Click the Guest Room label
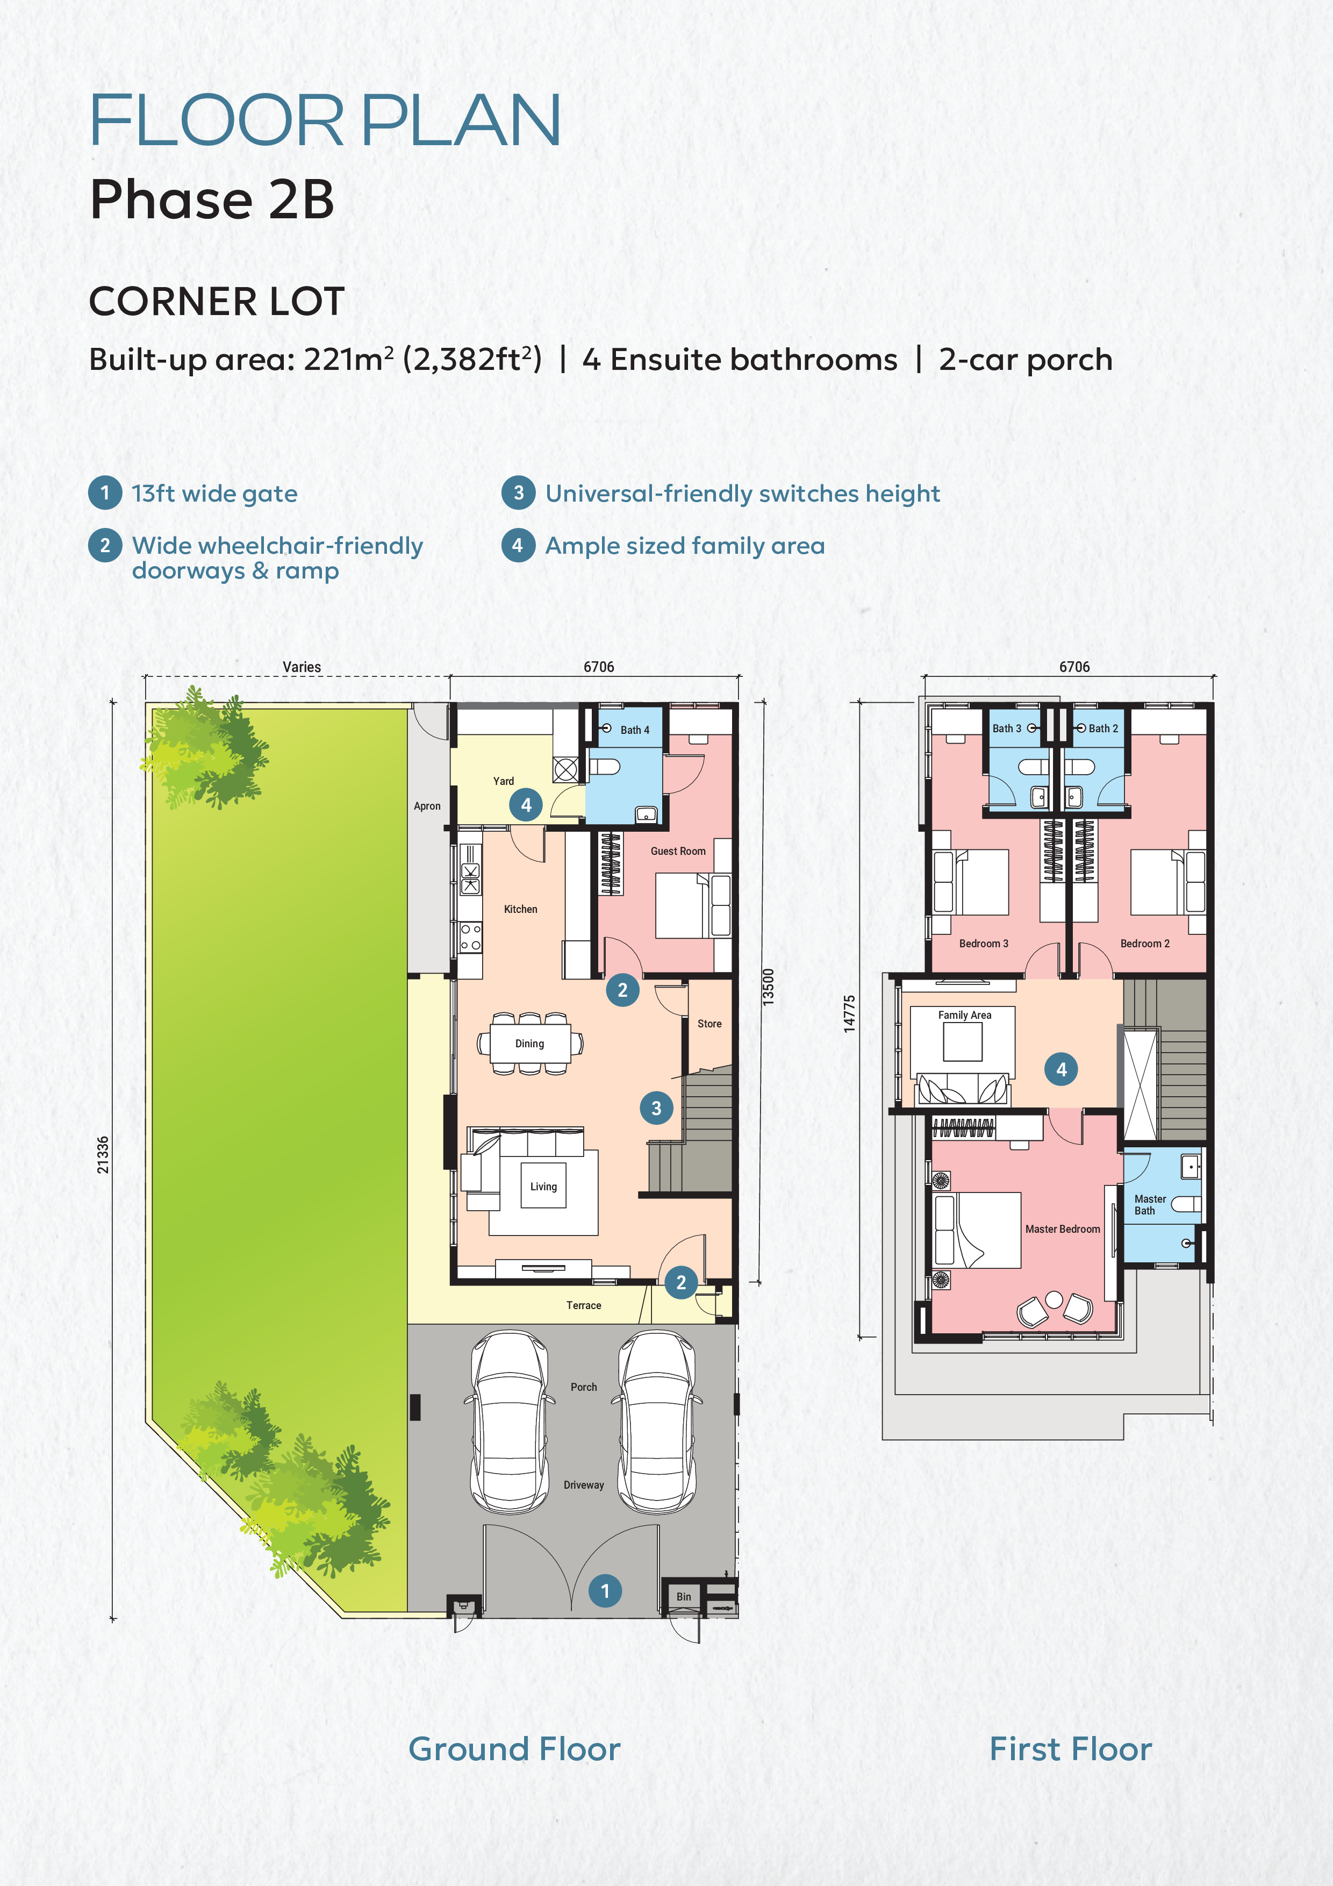[678, 851]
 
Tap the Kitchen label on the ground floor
[521, 909]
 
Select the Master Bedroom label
[1062, 1229]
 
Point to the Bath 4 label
[635, 730]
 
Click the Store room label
[709, 1024]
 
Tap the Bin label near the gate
[683, 1597]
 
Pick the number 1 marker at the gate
[605, 1590]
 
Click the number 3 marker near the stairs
[656, 1108]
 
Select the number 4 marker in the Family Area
[1061, 1069]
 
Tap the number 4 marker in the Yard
[526, 805]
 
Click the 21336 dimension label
[103, 1155]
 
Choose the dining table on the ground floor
[531, 1043]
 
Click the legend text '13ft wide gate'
[214, 494]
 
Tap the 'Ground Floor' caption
[514, 1749]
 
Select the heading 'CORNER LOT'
[216, 302]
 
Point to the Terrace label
[583, 1305]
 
